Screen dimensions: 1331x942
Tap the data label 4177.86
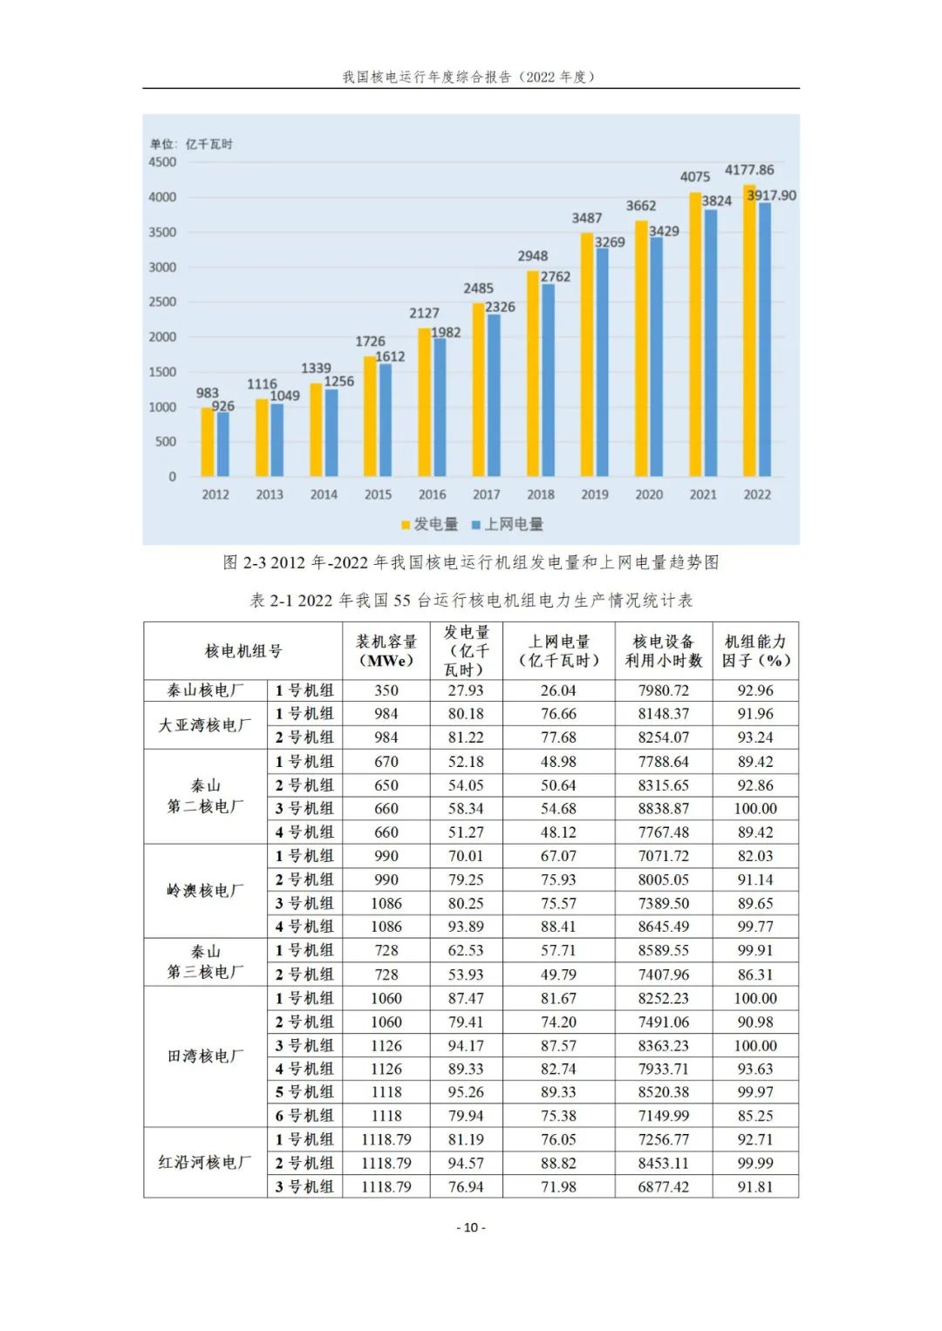point(748,170)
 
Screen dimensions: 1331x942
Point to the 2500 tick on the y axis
point(162,302)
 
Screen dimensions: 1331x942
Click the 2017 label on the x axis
point(486,494)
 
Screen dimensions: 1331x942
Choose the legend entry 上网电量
point(508,524)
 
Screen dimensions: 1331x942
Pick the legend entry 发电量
point(430,524)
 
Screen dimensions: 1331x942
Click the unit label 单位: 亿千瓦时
point(191,144)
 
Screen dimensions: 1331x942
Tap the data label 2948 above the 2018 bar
point(532,255)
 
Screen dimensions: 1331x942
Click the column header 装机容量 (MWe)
point(386,651)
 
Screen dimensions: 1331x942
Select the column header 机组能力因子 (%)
point(755,651)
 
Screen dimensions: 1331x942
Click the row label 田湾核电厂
point(206,1056)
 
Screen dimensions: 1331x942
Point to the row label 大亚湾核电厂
point(206,725)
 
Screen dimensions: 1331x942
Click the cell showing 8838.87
point(663,809)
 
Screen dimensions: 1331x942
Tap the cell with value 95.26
point(466,1092)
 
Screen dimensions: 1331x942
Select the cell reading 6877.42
point(663,1186)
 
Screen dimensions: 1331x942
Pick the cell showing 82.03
point(755,856)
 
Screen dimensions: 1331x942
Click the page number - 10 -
point(471,1227)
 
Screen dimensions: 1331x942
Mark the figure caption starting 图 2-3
point(471,562)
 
